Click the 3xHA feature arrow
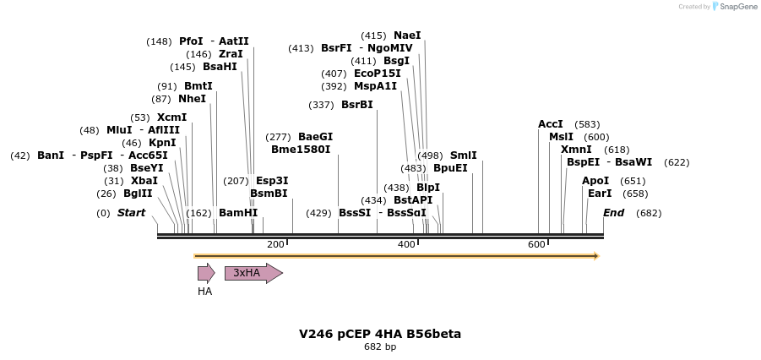(253, 273)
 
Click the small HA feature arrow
(206, 272)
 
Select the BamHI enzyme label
(238, 213)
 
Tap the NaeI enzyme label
(407, 35)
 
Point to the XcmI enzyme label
(171, 117)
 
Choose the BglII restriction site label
(138, 194)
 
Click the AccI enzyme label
(551, 124)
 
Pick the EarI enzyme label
(600, 194)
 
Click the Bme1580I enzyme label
(301, 150)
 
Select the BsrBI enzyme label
(356, 105)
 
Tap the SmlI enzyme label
(464, 155)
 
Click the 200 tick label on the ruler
(275, 245)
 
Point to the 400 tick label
(406, 245)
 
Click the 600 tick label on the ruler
(536, 245)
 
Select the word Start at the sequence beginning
(131, 213)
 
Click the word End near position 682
(614, 213)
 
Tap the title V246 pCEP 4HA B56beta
(380, 334)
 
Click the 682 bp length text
(380, 347)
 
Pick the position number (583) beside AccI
(587, 124)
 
